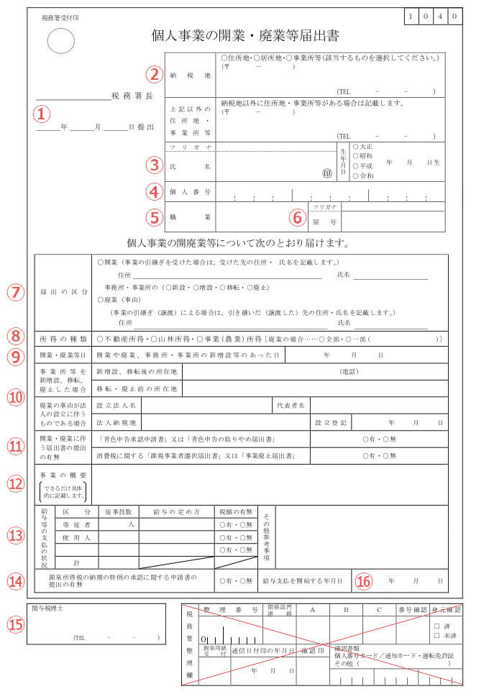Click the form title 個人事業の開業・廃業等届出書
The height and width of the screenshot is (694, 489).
point(245,36)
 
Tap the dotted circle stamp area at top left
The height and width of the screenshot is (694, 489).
point(62,41)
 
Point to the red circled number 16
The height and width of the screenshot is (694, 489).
point(365,580)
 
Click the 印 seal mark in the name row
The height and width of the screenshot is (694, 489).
point(327,173)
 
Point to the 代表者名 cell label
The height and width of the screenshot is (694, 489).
point(291,406)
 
